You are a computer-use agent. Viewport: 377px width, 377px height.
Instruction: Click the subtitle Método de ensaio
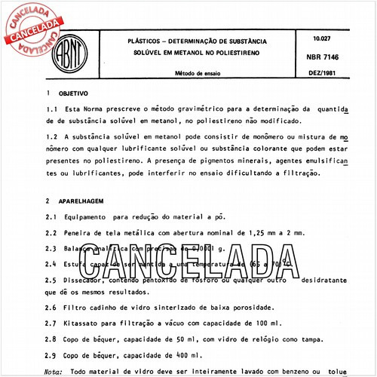(200, 74)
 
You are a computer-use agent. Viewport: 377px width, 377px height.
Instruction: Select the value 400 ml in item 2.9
(187, 354)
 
